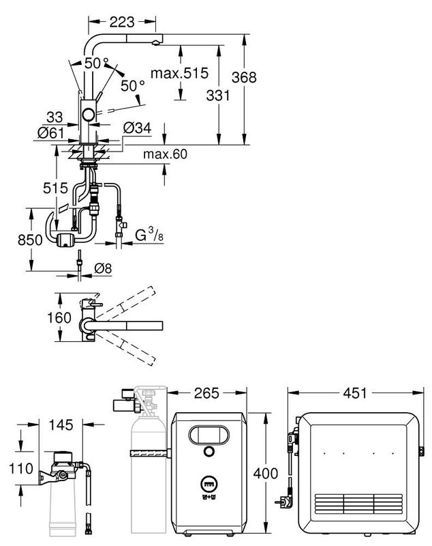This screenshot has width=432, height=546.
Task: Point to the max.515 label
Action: [180, 72]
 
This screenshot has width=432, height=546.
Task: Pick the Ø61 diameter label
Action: [47, 132]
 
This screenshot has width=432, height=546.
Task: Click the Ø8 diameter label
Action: [102, 268]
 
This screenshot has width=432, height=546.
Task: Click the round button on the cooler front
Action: [208, 452]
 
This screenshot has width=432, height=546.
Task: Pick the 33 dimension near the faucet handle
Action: [57, 117]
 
